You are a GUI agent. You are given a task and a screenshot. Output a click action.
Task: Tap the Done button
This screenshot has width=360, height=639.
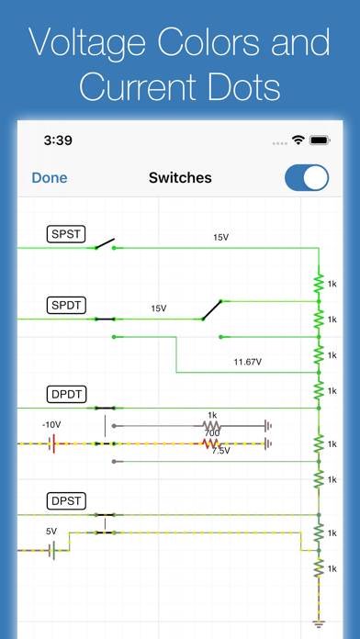pos(50,178)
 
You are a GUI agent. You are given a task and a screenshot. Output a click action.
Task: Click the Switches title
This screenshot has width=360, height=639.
pos(180,178)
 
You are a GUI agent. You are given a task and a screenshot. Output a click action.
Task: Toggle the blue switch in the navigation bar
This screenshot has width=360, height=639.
pos(307,178)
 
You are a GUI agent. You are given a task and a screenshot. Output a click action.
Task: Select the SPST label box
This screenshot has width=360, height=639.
pos(66,235)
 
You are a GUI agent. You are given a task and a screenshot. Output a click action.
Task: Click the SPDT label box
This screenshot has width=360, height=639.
pos(66,305)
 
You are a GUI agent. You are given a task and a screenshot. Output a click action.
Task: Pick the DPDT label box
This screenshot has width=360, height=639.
pos(67,396)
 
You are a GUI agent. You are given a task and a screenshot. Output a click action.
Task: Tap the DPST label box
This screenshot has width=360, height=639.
pos(66,501)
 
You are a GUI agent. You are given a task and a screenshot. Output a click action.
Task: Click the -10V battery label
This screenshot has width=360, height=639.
pos(51,425)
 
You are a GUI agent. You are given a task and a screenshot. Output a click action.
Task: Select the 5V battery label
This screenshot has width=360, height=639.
pos(51,531)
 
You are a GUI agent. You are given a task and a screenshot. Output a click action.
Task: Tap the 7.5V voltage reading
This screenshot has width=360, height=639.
pos(220,451)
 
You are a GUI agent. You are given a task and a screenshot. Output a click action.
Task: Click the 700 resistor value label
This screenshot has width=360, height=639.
pos(212,432)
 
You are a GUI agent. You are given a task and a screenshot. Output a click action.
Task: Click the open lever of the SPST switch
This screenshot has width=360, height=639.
pos(104,244)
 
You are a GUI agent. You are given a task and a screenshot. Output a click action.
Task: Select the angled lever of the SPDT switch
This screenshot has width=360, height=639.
pos(213,308)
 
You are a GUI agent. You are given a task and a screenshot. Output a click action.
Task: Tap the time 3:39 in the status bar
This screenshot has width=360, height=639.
pos(57,140)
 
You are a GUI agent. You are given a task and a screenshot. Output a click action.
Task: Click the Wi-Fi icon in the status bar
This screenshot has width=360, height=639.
pos(298,140)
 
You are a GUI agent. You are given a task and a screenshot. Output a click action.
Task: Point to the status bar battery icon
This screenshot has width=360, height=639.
pos(320,140)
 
